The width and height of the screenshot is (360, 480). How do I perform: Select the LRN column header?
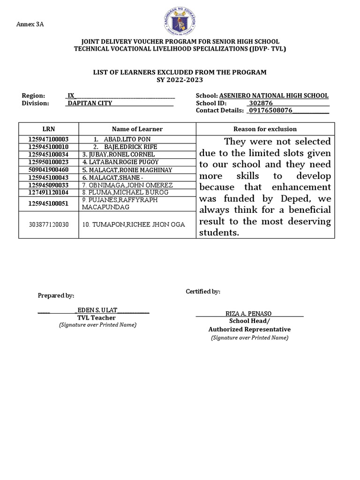click(49, 129)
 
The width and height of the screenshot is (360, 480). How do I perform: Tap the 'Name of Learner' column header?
click(137, 129)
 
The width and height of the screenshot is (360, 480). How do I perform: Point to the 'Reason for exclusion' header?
click(265, 129)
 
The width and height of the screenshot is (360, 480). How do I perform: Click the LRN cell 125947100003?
click(49, 139)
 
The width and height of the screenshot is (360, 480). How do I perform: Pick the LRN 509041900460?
click(49, 170)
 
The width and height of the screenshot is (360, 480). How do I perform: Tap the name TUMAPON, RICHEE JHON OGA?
click(133, 225)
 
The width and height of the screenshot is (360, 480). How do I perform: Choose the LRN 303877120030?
click(49, 225)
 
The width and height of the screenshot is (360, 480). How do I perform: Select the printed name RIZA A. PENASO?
click(248, 314)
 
